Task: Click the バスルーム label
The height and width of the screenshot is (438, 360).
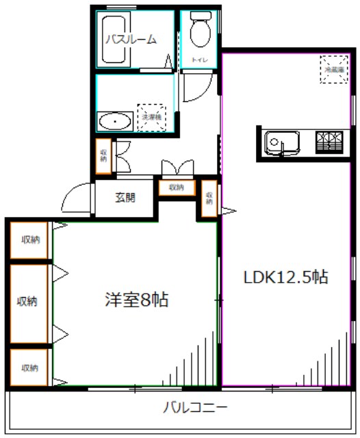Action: pyautogui.click(x=130, y=39)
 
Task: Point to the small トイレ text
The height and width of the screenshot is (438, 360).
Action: pyautogui.click(x=199, y=61)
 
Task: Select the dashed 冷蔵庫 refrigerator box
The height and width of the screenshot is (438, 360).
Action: pyautogui.click(x=335, y=69)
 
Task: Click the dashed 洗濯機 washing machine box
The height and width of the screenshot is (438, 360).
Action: pyautogui.click(x=151, y=117)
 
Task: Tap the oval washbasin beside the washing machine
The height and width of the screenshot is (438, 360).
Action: pyautogui.click(x=114, y=123)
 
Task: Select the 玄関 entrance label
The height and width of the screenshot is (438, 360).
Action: pyautogui.click(x=125, y=198)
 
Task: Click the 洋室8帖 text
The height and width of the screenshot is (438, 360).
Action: pyautogui.click(x=137, y=300)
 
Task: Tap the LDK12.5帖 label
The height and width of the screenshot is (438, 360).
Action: pyautogui.click(x=286, y=277)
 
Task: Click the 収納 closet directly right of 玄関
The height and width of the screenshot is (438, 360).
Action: pyautogui.click(x=176, y=188)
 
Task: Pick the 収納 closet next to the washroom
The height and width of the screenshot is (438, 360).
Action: pyautogui.click(x=103, y=155)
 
